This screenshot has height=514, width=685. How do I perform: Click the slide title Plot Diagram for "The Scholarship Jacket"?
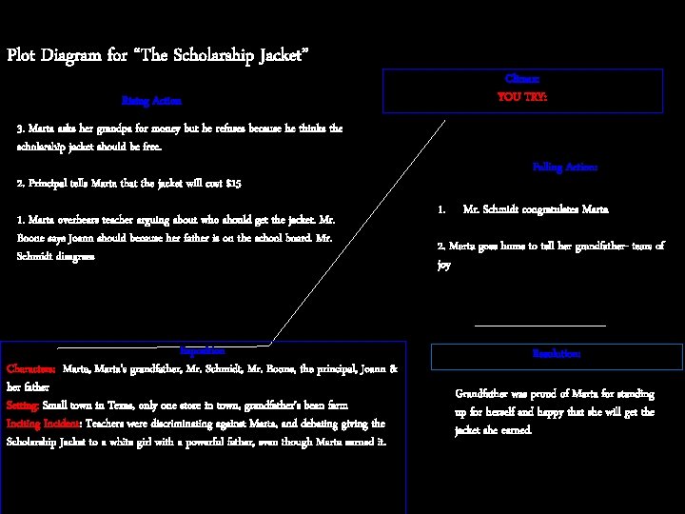157,55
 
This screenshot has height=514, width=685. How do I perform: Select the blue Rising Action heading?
151,100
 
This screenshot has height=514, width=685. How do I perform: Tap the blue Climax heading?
522,79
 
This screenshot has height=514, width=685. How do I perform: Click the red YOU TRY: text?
522,97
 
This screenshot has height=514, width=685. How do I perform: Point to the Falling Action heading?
565,167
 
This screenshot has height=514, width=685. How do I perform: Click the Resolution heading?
557,354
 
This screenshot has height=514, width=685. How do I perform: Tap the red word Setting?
23,405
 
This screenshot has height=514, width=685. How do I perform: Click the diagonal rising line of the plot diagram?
362,228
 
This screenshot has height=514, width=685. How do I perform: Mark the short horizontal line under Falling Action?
539,326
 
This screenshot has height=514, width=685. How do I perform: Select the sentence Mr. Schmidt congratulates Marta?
536,208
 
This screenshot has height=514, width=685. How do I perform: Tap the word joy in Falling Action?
443,266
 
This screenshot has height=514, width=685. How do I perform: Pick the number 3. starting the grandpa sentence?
21,128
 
